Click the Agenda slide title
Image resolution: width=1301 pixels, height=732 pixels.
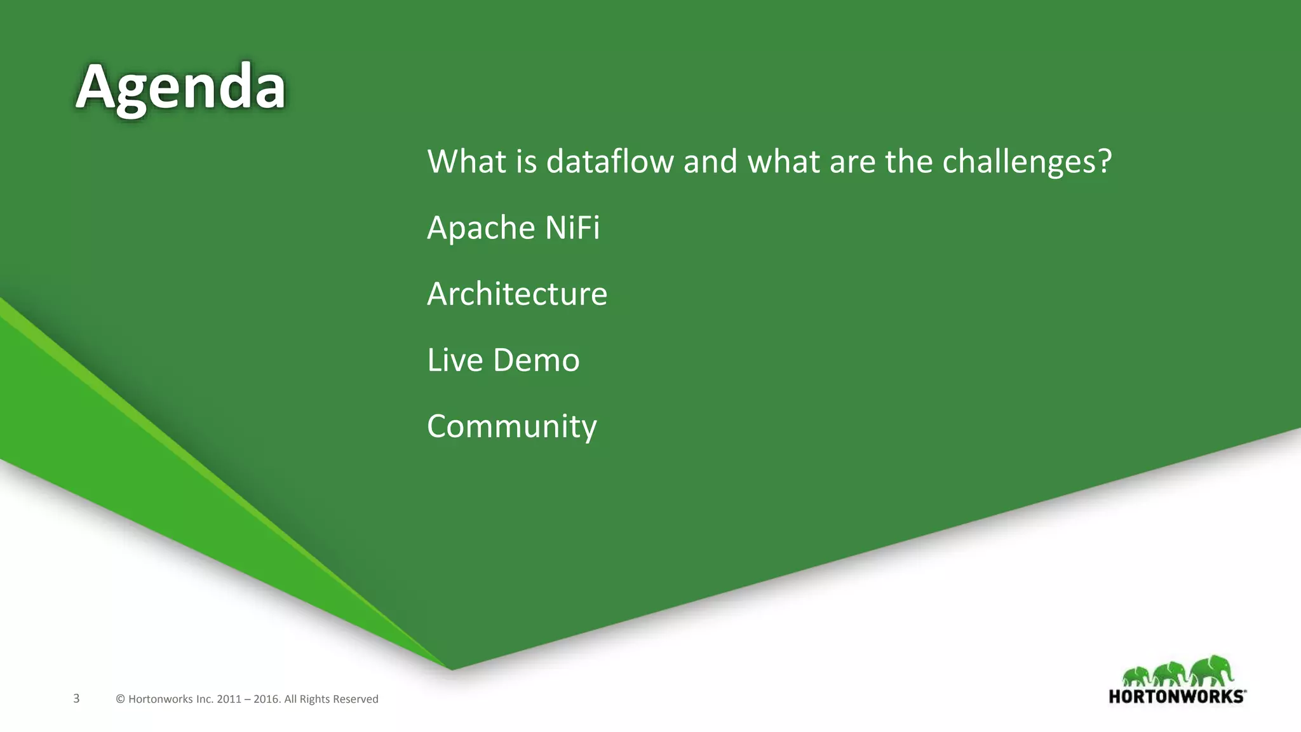[x=180, y=88]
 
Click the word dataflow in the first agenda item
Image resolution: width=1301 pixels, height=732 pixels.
[x=609, y=161]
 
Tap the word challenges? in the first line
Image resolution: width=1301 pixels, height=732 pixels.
[x=1027, y=163]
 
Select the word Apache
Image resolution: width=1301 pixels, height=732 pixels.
[x=472, y=228]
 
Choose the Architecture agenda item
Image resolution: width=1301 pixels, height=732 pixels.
[x=516, y=294]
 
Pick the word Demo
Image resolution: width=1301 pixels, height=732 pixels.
[x=536, y=360]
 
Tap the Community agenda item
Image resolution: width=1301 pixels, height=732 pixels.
[x=511, y=426]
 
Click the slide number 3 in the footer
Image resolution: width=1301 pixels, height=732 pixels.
[x=76, y=698]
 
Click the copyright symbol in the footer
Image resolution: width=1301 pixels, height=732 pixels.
[x=120, y=699]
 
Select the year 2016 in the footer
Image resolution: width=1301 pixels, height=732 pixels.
[x=266, y=699]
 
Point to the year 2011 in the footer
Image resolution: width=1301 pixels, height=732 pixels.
[x=229, y=699]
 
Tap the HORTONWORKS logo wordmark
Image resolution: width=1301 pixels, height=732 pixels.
[x=1176, y=696]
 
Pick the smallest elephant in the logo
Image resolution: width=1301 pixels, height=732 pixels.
[x=1136, y=676]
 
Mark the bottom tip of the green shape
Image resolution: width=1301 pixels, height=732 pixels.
[x=452, y=669]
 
